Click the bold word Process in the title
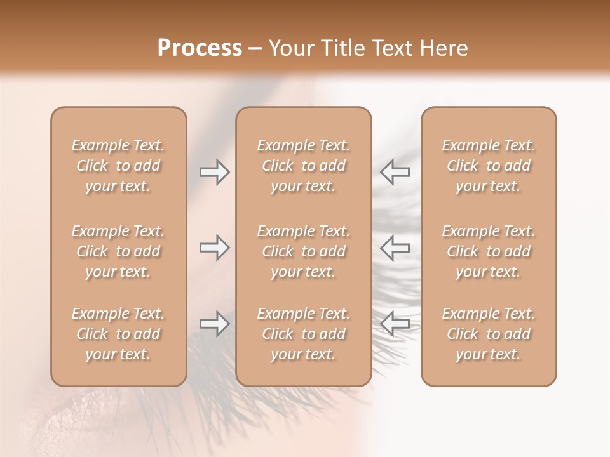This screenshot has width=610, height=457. point(200,48)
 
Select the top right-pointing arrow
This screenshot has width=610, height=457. point(215,172)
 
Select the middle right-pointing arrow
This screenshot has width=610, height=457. point(215,248)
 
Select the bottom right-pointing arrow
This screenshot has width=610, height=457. point(215,324)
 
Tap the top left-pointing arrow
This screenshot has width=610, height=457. point(395,172)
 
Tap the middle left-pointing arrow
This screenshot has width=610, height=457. point(395,248)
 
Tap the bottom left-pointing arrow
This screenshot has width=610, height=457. point(395,324)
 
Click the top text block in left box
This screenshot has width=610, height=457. point(118,166)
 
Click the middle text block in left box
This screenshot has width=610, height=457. point(118,251)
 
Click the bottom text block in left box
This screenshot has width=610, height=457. point(118,334)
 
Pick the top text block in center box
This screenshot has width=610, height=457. point(304,166)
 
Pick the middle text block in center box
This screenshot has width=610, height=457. point(304,251)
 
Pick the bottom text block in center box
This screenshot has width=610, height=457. point(304,334)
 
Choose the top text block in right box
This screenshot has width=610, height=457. point(489,166)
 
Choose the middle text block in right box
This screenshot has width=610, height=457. point(489,251)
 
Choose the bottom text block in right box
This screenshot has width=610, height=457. point(489,334)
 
